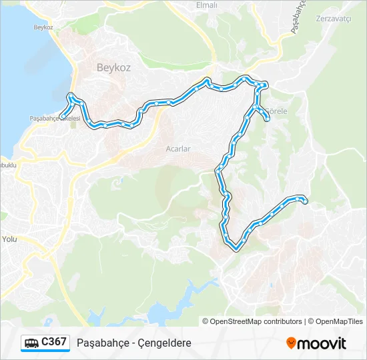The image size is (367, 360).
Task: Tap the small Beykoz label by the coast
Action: (43, 27)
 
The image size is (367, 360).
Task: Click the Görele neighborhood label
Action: (276, 111)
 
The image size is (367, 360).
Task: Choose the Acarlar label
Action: (178, 149)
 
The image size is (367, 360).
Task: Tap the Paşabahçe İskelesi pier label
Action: (55, 118)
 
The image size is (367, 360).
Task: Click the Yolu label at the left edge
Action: (9, 238)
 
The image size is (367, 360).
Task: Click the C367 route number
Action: (54, 342)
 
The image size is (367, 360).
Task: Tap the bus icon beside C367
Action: (32, 343)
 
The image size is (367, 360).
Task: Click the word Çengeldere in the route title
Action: (164, 343)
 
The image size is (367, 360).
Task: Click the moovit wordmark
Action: (322, 343)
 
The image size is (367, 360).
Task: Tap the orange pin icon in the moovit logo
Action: (291, 343)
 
